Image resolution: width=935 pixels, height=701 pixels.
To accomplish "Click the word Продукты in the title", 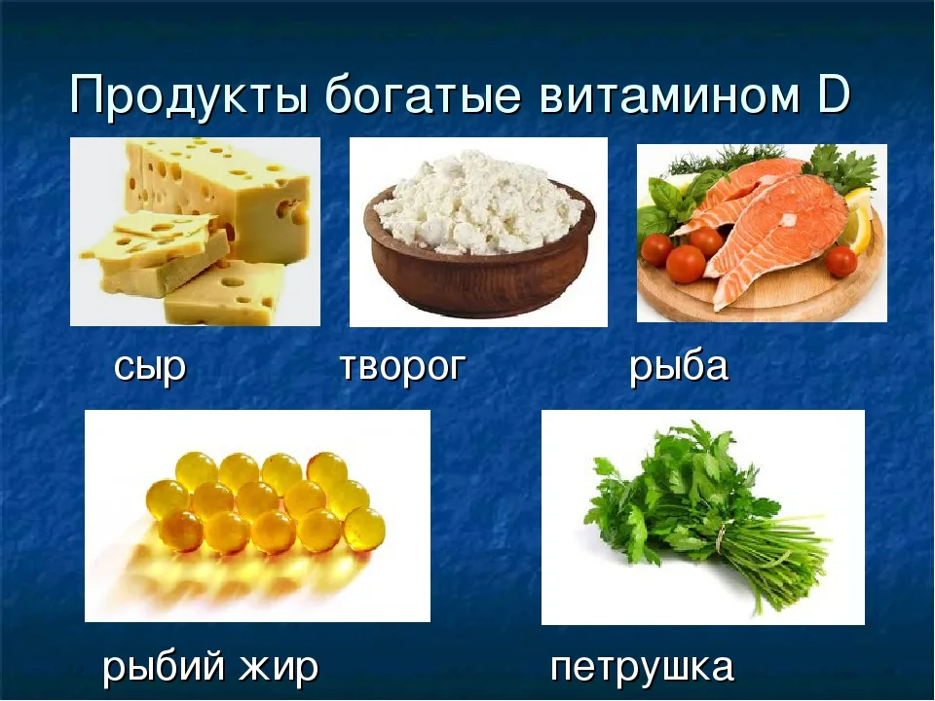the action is click(190, 95).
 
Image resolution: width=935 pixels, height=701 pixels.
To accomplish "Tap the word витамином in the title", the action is click(669, 95).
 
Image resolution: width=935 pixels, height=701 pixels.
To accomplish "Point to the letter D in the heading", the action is click(834, 94).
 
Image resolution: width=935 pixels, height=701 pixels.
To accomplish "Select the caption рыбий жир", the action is click(210, 666).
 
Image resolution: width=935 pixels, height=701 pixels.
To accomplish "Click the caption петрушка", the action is click(642, 666).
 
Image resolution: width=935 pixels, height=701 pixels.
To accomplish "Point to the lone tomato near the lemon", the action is click(841, 261).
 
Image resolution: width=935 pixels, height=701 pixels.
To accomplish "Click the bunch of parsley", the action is click(697, 513).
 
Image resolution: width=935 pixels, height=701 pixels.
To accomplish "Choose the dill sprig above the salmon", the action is click(725, 158).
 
